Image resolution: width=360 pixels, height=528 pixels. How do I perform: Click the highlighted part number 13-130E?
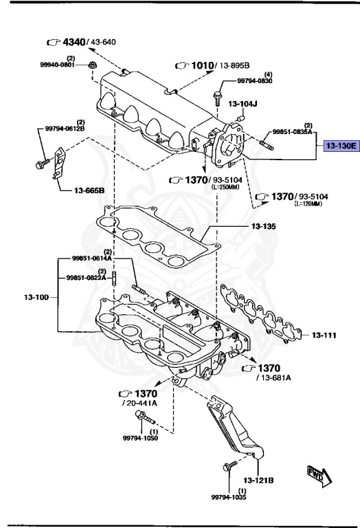click(341, 146)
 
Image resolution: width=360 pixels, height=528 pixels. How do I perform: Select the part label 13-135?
click(263, 226)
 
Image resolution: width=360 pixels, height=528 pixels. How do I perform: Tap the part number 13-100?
click(36, 297)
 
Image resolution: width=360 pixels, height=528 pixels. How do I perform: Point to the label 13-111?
click(324, 335)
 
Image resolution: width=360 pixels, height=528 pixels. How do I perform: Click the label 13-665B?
click(89, 190)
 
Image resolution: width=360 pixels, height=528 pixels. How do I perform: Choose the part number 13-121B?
click(258, 480)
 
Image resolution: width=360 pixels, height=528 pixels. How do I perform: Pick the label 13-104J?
click(243, 104)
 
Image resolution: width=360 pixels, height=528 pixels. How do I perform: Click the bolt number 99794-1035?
click(229, 497)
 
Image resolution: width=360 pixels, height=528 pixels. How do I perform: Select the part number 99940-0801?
click(57, 65)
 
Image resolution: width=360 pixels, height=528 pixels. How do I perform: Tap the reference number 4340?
click(74, 42)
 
